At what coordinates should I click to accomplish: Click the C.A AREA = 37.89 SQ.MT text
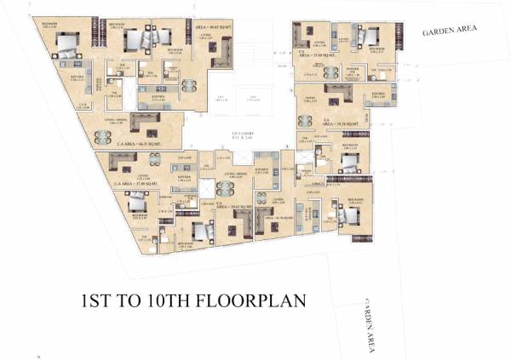pos(136,183)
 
